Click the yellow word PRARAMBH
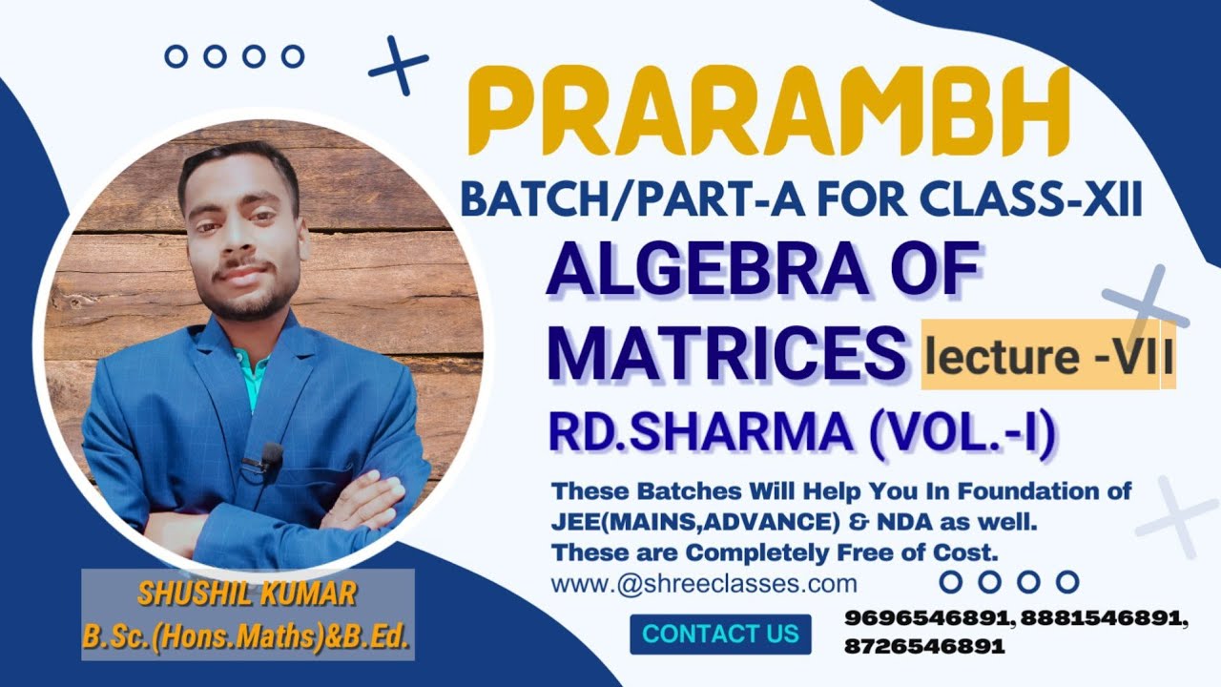[769, 113]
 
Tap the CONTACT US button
[720, 634]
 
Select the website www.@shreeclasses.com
[704, 583]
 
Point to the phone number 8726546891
[923, 646]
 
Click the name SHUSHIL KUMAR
[247, 594]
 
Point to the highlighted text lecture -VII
[1047, 355]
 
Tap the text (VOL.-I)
[962, 435]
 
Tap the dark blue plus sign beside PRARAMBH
[399, 65]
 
